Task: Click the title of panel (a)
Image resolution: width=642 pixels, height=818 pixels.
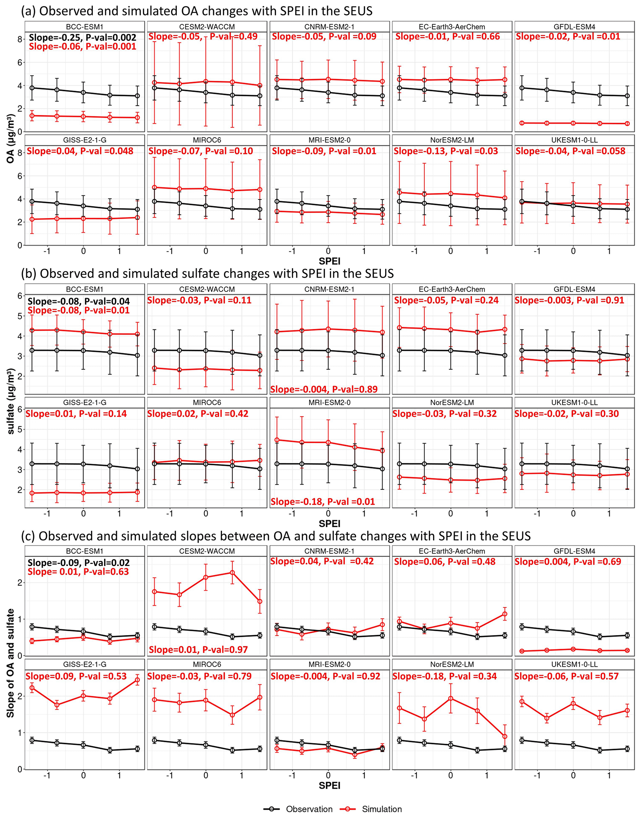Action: (197, 11)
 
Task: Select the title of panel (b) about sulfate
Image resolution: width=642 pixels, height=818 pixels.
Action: (207, 273)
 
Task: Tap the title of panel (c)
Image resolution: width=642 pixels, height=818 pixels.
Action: (275, 536)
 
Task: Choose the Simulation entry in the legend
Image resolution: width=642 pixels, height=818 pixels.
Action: (371, 809)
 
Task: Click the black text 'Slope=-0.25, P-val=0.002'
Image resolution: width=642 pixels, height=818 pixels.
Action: (82, 37)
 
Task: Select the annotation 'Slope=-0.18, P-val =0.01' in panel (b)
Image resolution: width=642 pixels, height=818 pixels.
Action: (322, 501)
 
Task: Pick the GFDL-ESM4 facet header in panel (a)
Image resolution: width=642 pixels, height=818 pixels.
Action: (574, 27)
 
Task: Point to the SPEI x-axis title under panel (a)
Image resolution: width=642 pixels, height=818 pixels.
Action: (329, 261)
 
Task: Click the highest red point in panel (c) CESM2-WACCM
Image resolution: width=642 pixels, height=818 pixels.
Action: (232, 573)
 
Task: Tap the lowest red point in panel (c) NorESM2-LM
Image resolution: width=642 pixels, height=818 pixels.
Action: (505, 736)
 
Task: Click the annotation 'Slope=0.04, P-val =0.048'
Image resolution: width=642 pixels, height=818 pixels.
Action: (80, 151)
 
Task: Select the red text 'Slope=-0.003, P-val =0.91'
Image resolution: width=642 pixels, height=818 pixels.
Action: (569, 300)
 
